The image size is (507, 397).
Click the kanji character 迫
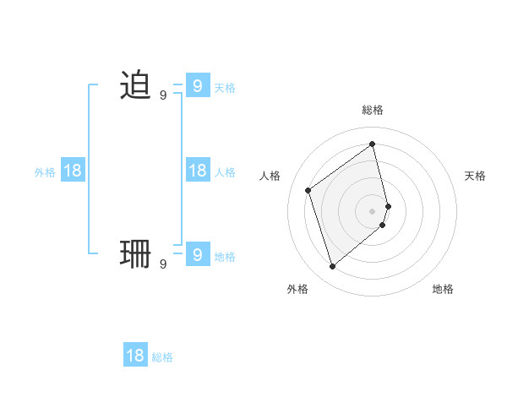[x=135, y=86]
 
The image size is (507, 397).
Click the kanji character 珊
[x=135, y=253]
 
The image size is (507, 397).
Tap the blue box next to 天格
[x=197, y=86]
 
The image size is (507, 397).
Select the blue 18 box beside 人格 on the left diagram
[x=197, y=171]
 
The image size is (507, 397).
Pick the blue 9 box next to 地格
[x=197, y=253]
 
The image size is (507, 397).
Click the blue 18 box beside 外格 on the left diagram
[x=73, y=171]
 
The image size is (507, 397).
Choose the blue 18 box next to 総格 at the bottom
[x=135, y=355]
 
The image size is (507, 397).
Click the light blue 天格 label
[x=225, y=88]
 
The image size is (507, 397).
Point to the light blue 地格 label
[x=225, y=257]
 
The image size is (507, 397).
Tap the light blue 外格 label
[x=45, y=172]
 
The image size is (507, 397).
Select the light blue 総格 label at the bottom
[x=162, y=357]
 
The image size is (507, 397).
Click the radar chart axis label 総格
[x=373, y=110]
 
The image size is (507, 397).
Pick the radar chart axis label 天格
[x=475, y=176]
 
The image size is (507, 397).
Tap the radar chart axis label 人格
[x=270, y=176]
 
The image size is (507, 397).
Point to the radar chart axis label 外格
[x=297, y=290]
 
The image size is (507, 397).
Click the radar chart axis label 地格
[x=443, y=290]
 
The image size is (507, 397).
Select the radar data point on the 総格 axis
[x=373, y=144]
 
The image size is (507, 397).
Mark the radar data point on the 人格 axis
[x=308, y=190]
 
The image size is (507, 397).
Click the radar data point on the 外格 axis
[x=332, y=267]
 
